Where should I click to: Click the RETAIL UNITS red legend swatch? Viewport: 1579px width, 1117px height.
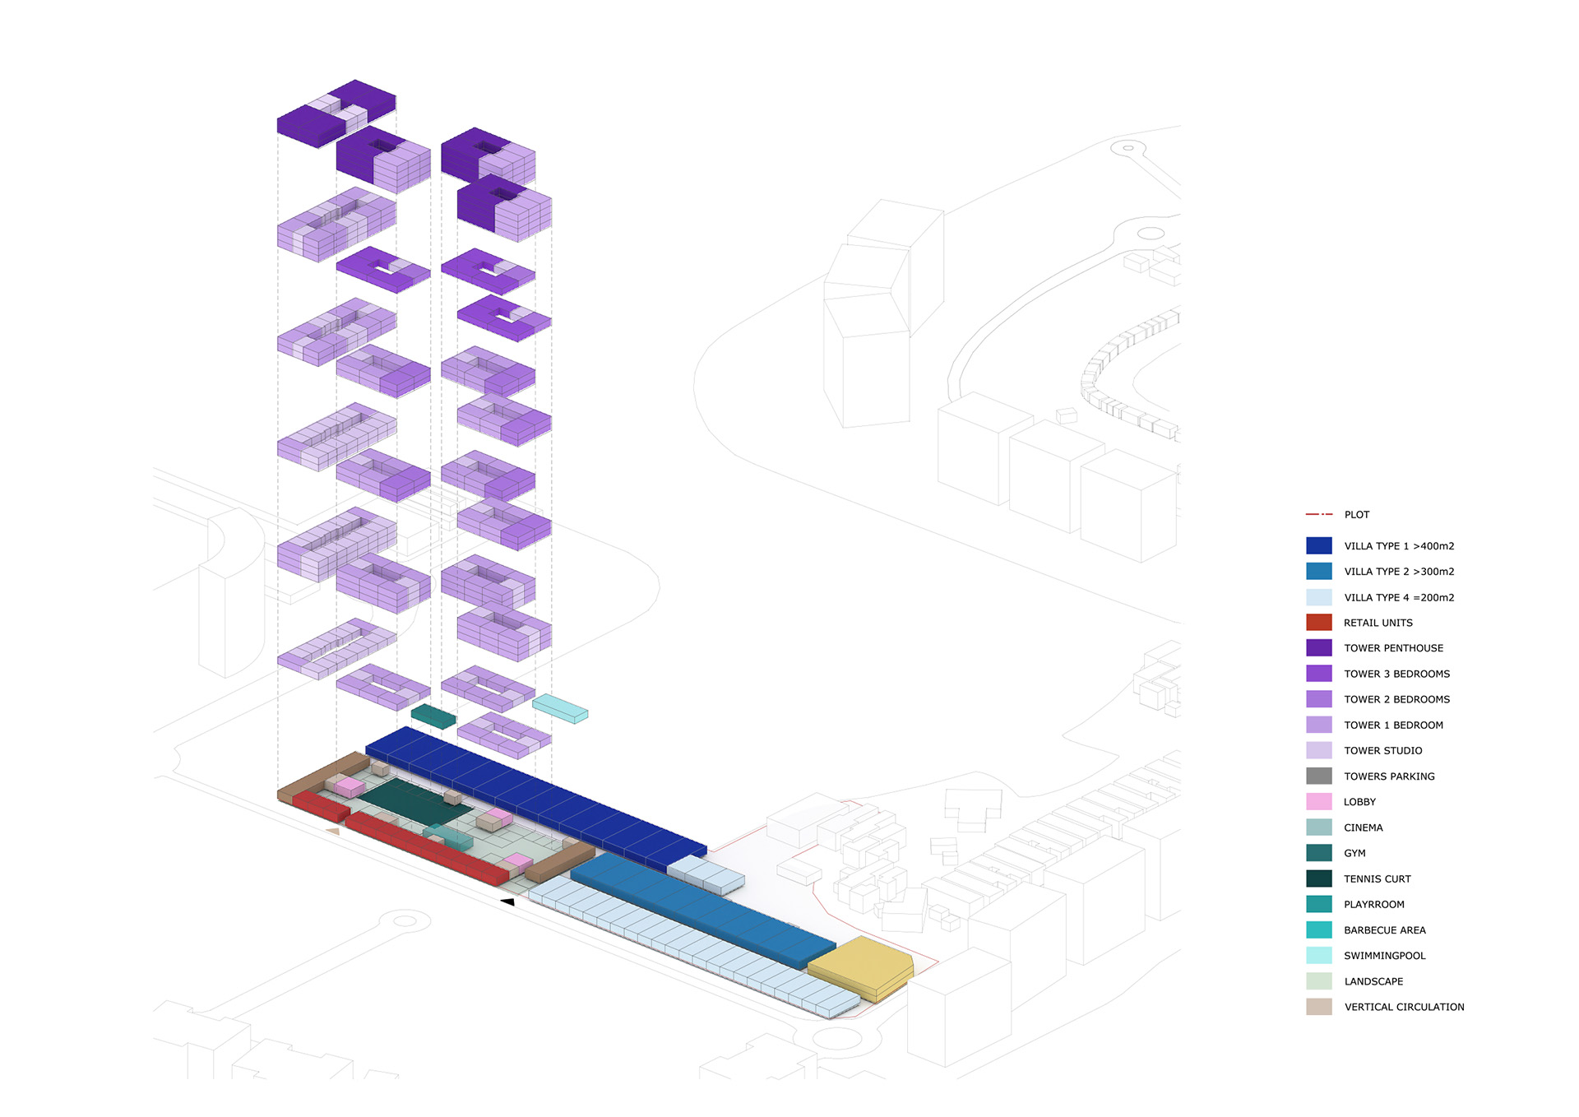click(x=1318, y=623)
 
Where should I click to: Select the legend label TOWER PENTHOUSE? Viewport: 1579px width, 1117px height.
click(x=1393, y=648)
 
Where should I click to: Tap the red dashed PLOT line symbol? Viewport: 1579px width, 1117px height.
click(x=1318, y=514)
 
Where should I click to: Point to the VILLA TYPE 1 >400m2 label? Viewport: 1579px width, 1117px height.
click(x=1399, y=546)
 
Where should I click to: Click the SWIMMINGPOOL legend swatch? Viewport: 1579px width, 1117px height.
click(x=1318, y=956)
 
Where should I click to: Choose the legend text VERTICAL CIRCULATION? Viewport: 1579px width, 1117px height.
click(x=1404, y=1007)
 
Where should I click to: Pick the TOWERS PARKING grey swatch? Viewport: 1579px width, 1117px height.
click(x=1318, y=776)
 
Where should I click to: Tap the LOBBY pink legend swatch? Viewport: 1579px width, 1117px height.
click(x=1318, y=801)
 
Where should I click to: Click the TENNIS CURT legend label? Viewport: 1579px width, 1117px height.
click(x=1377, y=879)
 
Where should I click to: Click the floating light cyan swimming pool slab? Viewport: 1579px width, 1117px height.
click(x=560, y=708)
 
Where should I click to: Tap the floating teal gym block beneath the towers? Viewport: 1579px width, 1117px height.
click(x=433, y=716)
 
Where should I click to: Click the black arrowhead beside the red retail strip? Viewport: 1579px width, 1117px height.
click(x=507, y=902)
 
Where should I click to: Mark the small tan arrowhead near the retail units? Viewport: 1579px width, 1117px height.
click(x=333, y=832)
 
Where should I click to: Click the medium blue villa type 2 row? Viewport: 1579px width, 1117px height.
click(x=703, y=910)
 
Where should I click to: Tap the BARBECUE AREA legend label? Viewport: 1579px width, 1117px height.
click(x=1384, y=930)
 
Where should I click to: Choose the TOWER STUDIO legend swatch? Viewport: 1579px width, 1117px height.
click(x=1318, y=750)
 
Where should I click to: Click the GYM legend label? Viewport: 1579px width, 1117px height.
click(x=1354, y=854)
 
